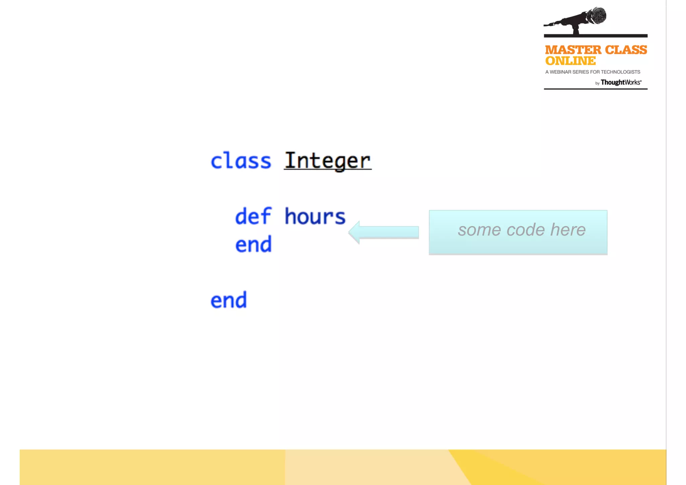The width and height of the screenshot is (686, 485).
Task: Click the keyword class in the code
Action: [241, 161]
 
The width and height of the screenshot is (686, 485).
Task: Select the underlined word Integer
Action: [328, 161]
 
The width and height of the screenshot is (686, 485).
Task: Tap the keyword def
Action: [253, 216]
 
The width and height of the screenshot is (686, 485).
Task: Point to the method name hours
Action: [315, 216]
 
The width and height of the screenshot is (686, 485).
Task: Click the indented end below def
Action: [253, 244]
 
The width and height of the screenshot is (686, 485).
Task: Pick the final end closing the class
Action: [228, 300]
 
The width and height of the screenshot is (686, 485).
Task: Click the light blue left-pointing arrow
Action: [384, 232]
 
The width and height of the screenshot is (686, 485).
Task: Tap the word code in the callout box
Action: [526, 230]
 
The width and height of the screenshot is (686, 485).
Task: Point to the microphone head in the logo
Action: [597, 16]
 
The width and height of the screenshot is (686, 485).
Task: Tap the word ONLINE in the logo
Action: [570, 61]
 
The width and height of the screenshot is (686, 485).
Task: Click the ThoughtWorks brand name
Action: [621, 82]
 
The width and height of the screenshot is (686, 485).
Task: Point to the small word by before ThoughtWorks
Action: [597, 83]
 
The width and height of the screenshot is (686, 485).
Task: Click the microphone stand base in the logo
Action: [576, 32]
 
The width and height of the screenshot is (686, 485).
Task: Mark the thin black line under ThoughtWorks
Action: [596, 89]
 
